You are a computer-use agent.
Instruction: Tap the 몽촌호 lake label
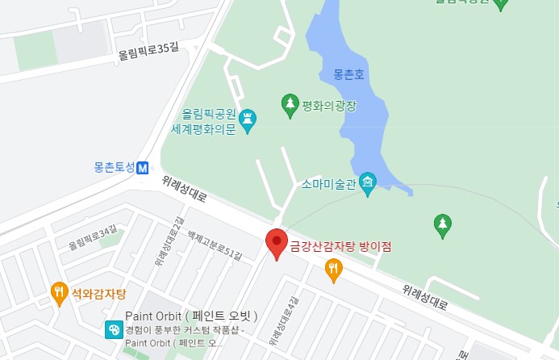(x=350, y=74)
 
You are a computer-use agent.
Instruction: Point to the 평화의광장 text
(x=329, y=104)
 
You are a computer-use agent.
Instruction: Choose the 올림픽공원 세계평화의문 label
(x=209, y=121)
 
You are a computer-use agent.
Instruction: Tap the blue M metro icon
(x=143, y=169)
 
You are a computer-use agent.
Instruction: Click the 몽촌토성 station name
(x=114, y=169)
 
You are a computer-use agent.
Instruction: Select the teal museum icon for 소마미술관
(x=368, y=182)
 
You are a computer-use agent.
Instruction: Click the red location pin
(x=277, y=243)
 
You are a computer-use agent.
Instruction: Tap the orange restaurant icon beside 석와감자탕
(x=59, y=291)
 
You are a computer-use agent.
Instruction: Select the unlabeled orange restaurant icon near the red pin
(x=333, y=269)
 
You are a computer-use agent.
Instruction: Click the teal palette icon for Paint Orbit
(x=114, y=329)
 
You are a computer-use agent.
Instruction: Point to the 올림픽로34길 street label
(x=93, y=238)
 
